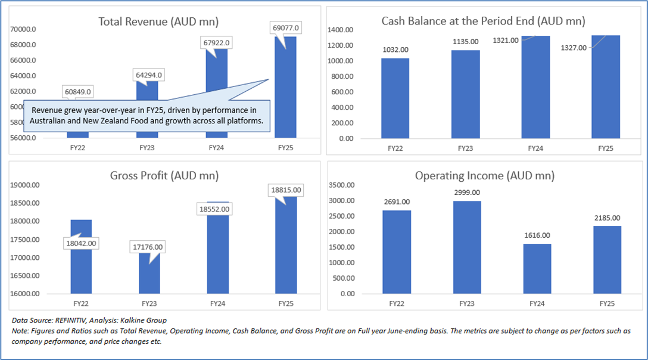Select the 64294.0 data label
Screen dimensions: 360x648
(146, 75)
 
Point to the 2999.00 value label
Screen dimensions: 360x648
(467, 193)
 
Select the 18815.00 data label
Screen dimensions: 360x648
(286, 190)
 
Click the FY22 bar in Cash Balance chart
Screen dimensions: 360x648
(395, 98)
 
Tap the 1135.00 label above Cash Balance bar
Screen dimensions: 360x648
(465, 42)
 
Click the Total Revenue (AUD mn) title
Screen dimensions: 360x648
(158, 22)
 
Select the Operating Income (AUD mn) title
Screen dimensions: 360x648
(485, 176)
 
